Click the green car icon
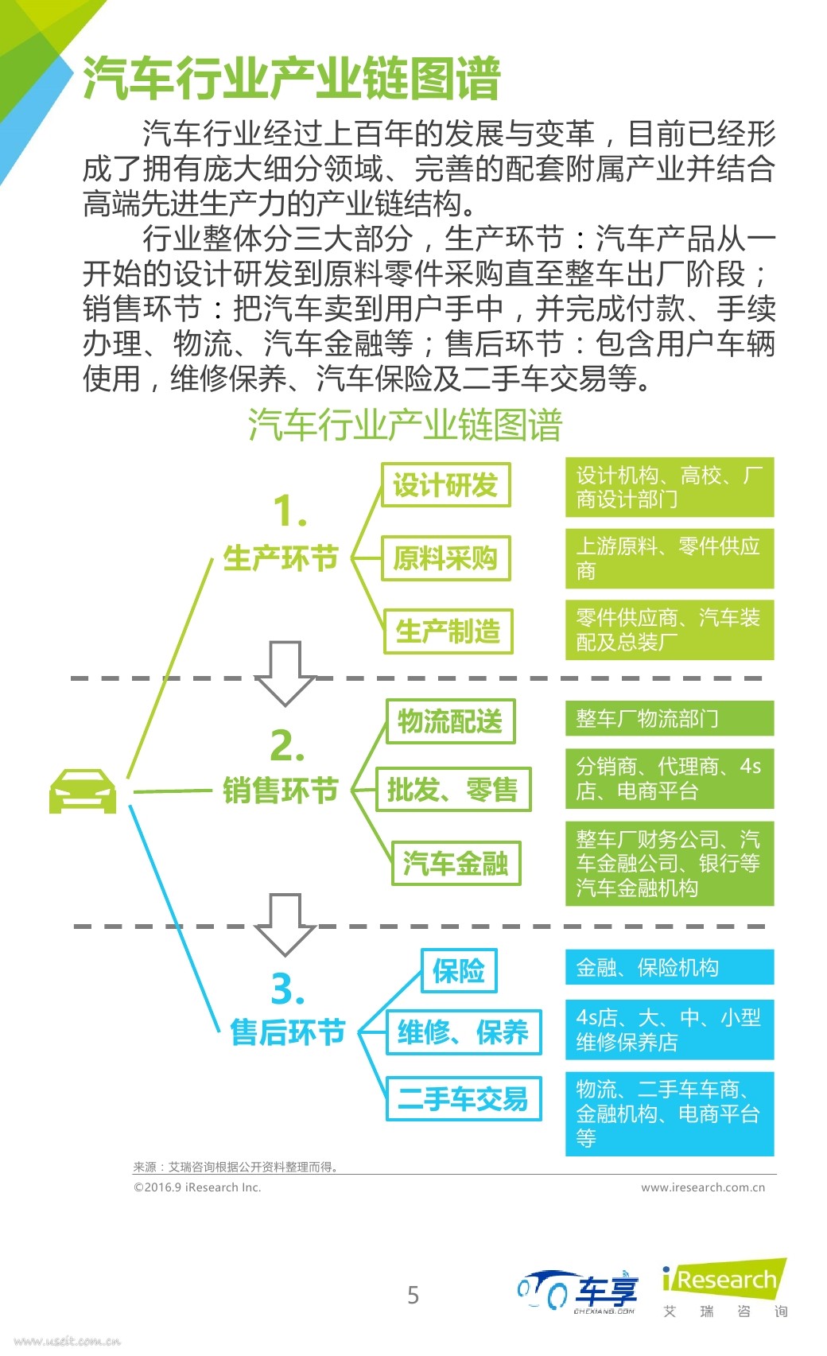tap(83, 791)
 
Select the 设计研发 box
tap(445, 485)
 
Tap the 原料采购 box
tap(445, 558)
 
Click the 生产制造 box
tap(448, 631)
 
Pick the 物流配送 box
tap(450, 721)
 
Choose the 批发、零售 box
tap(452, 790)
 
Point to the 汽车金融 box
tap(456, 863)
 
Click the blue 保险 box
tap(459, 970)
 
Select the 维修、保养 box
tap(463, 1032)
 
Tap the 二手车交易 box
tap(463, 1098)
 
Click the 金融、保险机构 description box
tap(669, 967)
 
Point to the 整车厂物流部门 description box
tap(669, 718)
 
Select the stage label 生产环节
tap(281, 558)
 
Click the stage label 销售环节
tap(281, 791)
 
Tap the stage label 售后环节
tap(287, 1032)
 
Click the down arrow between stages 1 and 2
tap(285, 672)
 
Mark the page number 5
tap(413, 1295)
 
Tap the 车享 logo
tap(579, 1292)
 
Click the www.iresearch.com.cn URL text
tap(702, 1187)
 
